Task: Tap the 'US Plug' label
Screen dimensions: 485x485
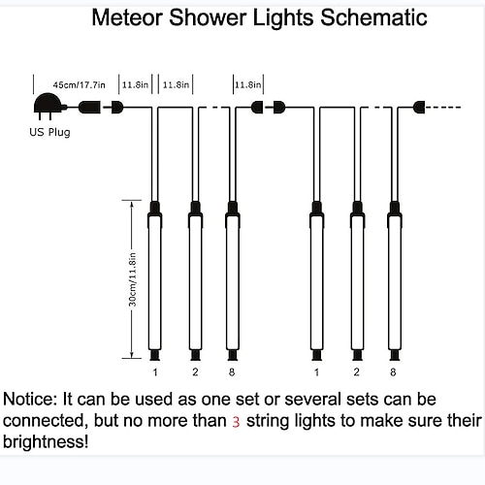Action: [49, 132]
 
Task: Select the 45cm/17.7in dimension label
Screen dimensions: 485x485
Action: [80, 85]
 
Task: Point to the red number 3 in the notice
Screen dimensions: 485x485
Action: [236, 422]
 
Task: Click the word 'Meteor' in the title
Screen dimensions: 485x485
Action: [128, 17]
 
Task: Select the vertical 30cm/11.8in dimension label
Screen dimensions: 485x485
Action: [133, 279]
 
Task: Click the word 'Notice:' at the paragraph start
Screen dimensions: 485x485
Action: [30, 400]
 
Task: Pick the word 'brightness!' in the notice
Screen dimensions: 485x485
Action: [46, 441]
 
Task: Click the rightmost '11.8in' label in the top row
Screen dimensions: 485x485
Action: [248, 84]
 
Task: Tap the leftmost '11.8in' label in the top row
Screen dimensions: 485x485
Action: [135, 84]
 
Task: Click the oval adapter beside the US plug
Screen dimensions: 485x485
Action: [89, 107]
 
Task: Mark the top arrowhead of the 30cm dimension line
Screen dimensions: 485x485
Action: [132, 205]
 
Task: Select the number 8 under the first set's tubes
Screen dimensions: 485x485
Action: [232, 372]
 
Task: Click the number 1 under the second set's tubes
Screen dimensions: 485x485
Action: [316, 372]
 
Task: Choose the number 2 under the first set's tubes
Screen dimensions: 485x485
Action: [195, 372]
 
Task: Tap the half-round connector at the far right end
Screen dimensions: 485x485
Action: [419, 108]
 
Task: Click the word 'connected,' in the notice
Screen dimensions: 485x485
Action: [46, 421]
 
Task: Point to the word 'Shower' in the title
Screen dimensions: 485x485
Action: [208, 17]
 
